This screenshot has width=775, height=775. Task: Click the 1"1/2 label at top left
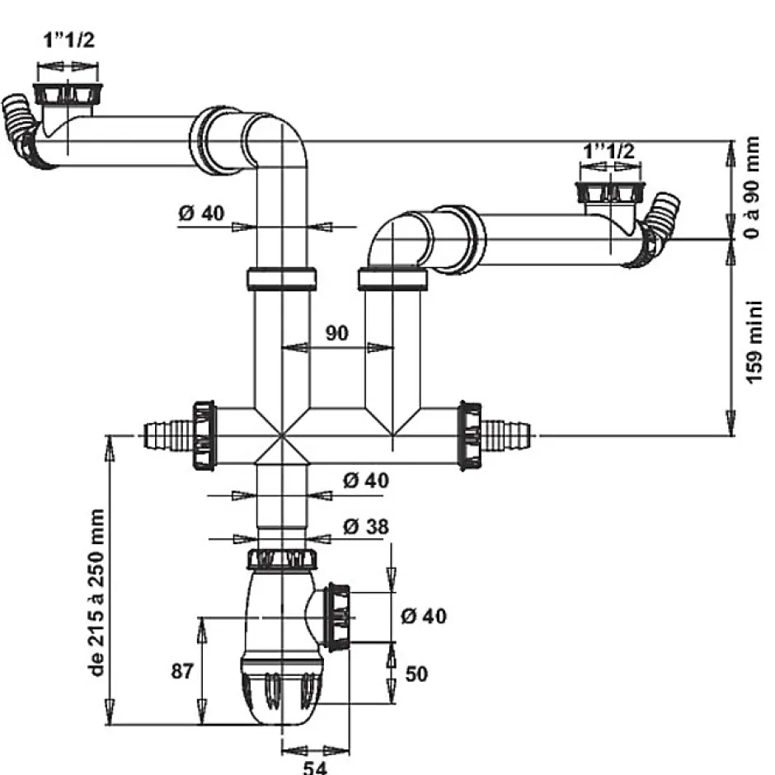pyautogui.click(x=69, y=41)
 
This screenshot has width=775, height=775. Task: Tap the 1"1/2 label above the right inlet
pyautogui.click(x=609, y=152)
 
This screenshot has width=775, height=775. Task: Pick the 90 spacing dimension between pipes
pyautogui.click(x=336, y=333)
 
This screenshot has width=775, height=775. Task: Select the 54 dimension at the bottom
pyautogui.click(x=313, y=766)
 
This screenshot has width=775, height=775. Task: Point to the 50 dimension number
pyautogui.click(x=416, y=674)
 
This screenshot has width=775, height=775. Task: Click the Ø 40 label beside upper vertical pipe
pyautogui.click(x=200, y=214)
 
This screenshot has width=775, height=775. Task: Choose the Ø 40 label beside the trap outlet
pyautogui.click(x=423, y=615)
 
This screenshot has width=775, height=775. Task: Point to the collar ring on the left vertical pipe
pyautogui.click(x=281, y=279)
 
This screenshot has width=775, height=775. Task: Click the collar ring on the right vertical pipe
pyautogui.click(x=392, y=279)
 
